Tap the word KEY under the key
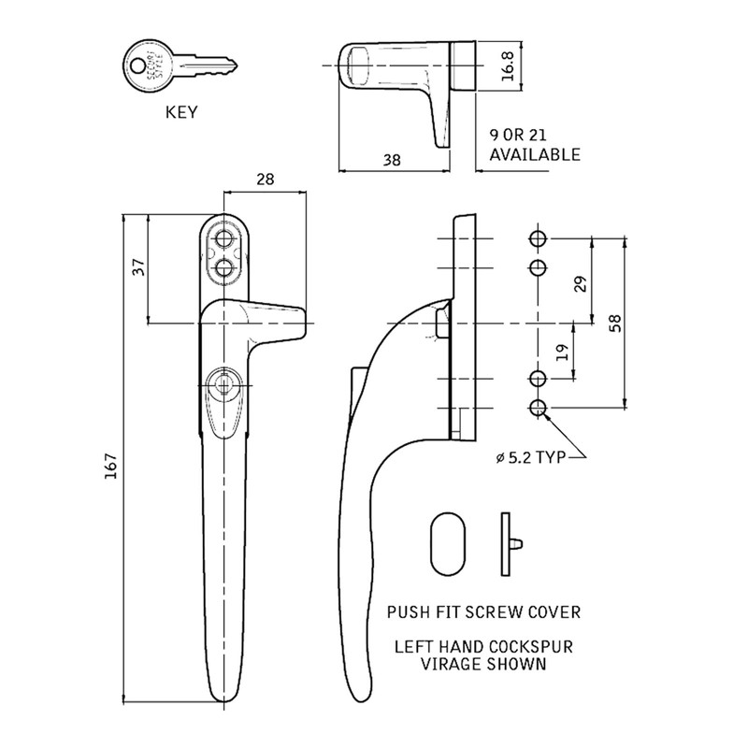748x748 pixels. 183,113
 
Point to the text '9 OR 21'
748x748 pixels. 518,135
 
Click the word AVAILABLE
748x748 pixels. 535,154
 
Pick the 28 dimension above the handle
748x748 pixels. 265,180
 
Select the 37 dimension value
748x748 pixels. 138,267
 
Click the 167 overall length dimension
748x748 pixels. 110,467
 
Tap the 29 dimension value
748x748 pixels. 579,284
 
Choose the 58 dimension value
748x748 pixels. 613,322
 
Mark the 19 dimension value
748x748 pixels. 561,352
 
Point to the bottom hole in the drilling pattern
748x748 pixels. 538,408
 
